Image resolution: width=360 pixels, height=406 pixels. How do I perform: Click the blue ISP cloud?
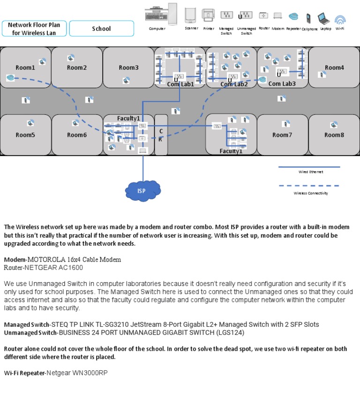pos(142,190)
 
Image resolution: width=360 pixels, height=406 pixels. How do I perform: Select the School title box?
pos(101,29)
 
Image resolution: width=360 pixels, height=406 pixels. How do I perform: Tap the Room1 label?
pos(25,68)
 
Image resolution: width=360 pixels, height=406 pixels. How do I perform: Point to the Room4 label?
pos(334,68)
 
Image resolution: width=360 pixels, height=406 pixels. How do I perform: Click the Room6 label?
pos(77,135)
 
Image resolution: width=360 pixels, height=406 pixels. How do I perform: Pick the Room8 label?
pos(334,135)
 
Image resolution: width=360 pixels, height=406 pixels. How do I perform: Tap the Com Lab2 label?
pos(234,84)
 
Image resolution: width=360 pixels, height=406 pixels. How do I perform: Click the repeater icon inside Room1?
pos(10,78)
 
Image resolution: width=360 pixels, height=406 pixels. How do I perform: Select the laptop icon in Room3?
pos(126,81)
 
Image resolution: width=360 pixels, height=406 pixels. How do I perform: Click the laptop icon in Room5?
pos(30,123)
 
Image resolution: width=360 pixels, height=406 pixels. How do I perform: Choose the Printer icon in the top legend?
pos(208,15)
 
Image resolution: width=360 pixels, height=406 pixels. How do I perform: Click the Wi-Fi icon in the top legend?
pos(340,19)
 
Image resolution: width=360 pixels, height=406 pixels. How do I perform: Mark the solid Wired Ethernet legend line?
pos(309,167)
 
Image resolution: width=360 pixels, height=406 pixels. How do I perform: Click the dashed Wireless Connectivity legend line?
pos(309,186)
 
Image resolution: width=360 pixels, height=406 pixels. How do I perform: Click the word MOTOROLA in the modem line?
pos(46,259)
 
